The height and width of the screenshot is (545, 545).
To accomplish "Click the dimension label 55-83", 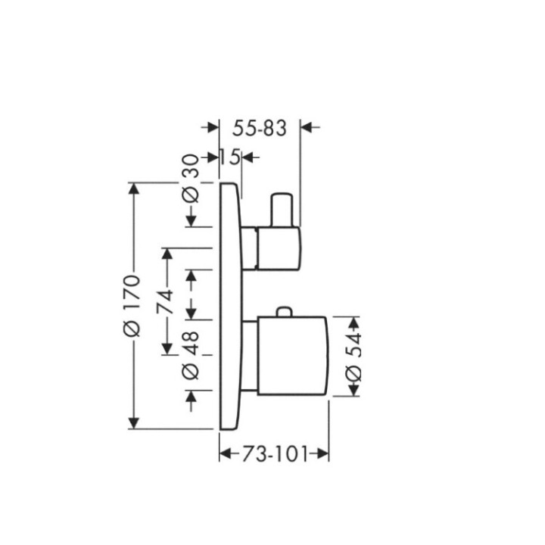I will click(259, 129).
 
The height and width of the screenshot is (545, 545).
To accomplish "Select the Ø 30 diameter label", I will click(192, 179).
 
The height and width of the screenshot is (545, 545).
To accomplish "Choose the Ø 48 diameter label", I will click(192, 356).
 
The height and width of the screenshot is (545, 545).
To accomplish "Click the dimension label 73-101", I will click(274, 454).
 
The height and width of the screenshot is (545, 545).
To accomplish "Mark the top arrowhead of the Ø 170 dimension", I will click(135, 188).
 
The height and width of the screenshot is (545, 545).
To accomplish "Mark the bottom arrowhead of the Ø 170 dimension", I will click(135, 423).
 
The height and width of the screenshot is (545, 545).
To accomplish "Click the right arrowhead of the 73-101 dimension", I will click(323, 454).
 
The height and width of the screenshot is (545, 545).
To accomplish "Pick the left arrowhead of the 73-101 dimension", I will click(225, 454).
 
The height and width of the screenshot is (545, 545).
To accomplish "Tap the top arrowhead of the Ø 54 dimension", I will click(353, 321).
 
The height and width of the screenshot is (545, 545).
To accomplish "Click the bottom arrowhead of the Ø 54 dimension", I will click(353, 391).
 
